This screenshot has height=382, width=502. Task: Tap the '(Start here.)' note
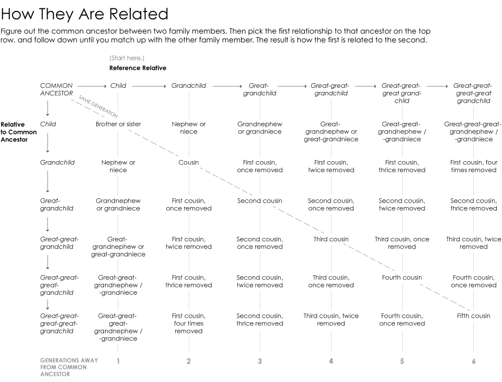(x=127, y=58)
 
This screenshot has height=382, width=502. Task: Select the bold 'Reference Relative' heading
(x=138, y=68)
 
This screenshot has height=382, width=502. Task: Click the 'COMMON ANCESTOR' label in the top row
(x=56, y=89)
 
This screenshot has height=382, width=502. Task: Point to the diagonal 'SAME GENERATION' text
(x=98, y=106)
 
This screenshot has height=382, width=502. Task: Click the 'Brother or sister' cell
(x=118, y=125)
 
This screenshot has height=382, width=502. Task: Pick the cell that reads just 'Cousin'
(x=189, y=163)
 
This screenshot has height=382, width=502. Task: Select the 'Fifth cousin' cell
(x=473, y=316)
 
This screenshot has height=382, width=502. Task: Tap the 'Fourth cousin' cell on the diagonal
(x=402, y=278)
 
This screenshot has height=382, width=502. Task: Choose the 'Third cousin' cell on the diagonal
(x=330, y=239)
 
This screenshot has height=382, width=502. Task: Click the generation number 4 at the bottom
(x=331, y=361)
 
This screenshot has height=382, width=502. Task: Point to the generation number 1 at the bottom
(x=118, y=361)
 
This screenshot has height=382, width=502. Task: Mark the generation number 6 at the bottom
(x=474, y=361)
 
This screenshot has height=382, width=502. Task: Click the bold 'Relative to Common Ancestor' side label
(x=19, y=132)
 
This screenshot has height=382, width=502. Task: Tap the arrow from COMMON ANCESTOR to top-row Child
(x=91, y=86)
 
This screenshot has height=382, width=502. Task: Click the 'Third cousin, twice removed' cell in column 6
(x=473, y=243)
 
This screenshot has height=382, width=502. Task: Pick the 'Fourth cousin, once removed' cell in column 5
(x=402, y=320)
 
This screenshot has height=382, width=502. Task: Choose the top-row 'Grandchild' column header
(x=189, y=86)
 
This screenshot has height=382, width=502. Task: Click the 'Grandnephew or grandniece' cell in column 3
(x=260, y=128)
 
